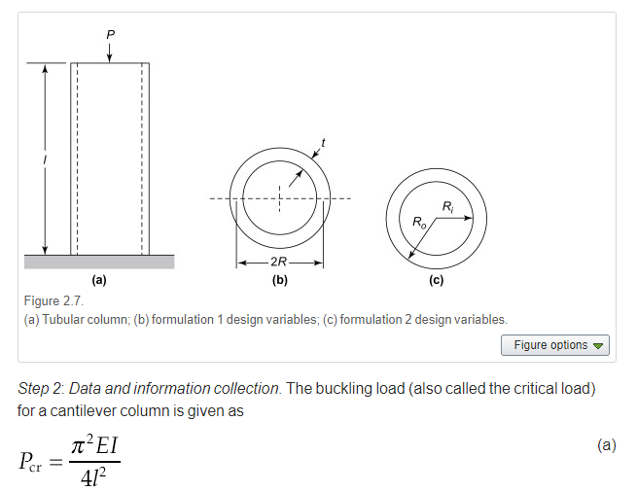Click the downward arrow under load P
pyautogui.click(x=109, y=53)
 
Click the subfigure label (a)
pyautogui.click(x=99, y=280)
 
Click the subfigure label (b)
pyautogui.click(x=280, y=280)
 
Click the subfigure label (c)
pyautogui.click(x=436, y=280)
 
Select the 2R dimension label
pyautogui.click(x=280, y=263)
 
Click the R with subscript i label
pyautogui.click(x=447, y=206)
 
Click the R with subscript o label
pyautogui.click(x=419, y=224)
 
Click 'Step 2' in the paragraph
pyautogui.click(x=38, y=389)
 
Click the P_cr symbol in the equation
pyautogui.click(x=38, y=461)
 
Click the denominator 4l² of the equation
pyautogui.click(x=94, y=477)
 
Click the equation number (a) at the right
pyautogui.click(x=607, y=445)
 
